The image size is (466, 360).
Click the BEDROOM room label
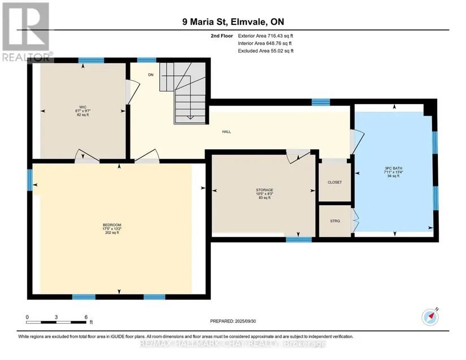(112, 225)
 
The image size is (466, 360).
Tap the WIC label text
(82, 107)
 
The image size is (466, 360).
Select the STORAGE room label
(264, 190)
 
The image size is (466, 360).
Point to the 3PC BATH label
(393, 168)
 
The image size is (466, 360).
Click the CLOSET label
(334, 182)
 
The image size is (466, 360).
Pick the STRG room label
(335, 221)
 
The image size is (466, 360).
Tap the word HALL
(227, 132)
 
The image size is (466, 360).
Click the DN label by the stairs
(151, 75)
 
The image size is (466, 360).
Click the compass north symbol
(430, 317)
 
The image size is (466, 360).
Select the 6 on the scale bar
(86, 317)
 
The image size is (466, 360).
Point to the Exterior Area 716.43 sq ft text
(265, 36)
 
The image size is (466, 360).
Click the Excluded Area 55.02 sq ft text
(265, 51)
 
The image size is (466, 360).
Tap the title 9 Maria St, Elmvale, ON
(233, 21)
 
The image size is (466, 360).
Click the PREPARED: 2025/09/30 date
(233, 321)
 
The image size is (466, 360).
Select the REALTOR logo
(27, 32)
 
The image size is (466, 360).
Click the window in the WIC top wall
(92, 60)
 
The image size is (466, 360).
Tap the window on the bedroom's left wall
(30, 180)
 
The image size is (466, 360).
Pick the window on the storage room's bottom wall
(299, 240)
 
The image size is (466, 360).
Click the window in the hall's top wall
(321, 102)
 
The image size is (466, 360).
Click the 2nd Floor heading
(222, 36)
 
